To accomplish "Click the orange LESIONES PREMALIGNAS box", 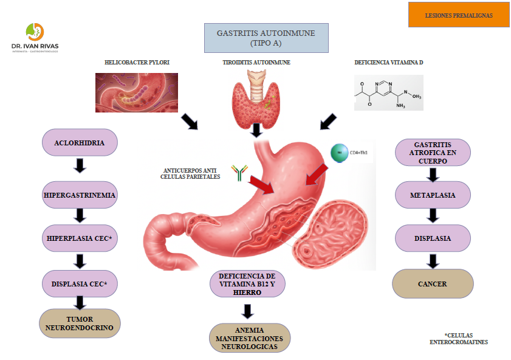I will point(458,15).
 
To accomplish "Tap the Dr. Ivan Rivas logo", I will point(35,38).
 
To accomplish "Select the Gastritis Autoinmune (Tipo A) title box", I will point(266,38).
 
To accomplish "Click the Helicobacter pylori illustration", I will point(137,92).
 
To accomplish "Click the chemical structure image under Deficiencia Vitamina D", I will point(388,92).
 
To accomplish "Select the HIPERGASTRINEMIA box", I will point(80,196).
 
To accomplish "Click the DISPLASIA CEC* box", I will point(80,283).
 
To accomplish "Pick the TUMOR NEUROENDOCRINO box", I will point(80,323).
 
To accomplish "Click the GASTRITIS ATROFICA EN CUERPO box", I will point(433,153).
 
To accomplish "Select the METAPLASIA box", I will point(433,196).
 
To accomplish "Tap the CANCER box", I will point(433,283).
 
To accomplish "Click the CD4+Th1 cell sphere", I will point(339,153).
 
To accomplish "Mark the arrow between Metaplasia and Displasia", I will point(433,215).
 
